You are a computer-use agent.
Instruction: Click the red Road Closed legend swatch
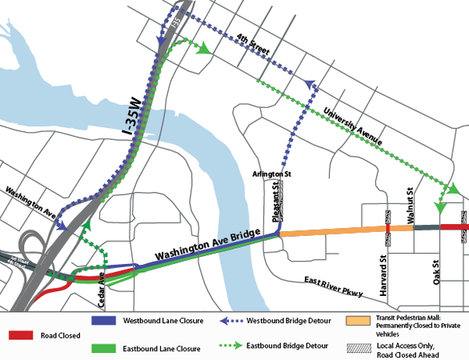(x=23, y=334)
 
